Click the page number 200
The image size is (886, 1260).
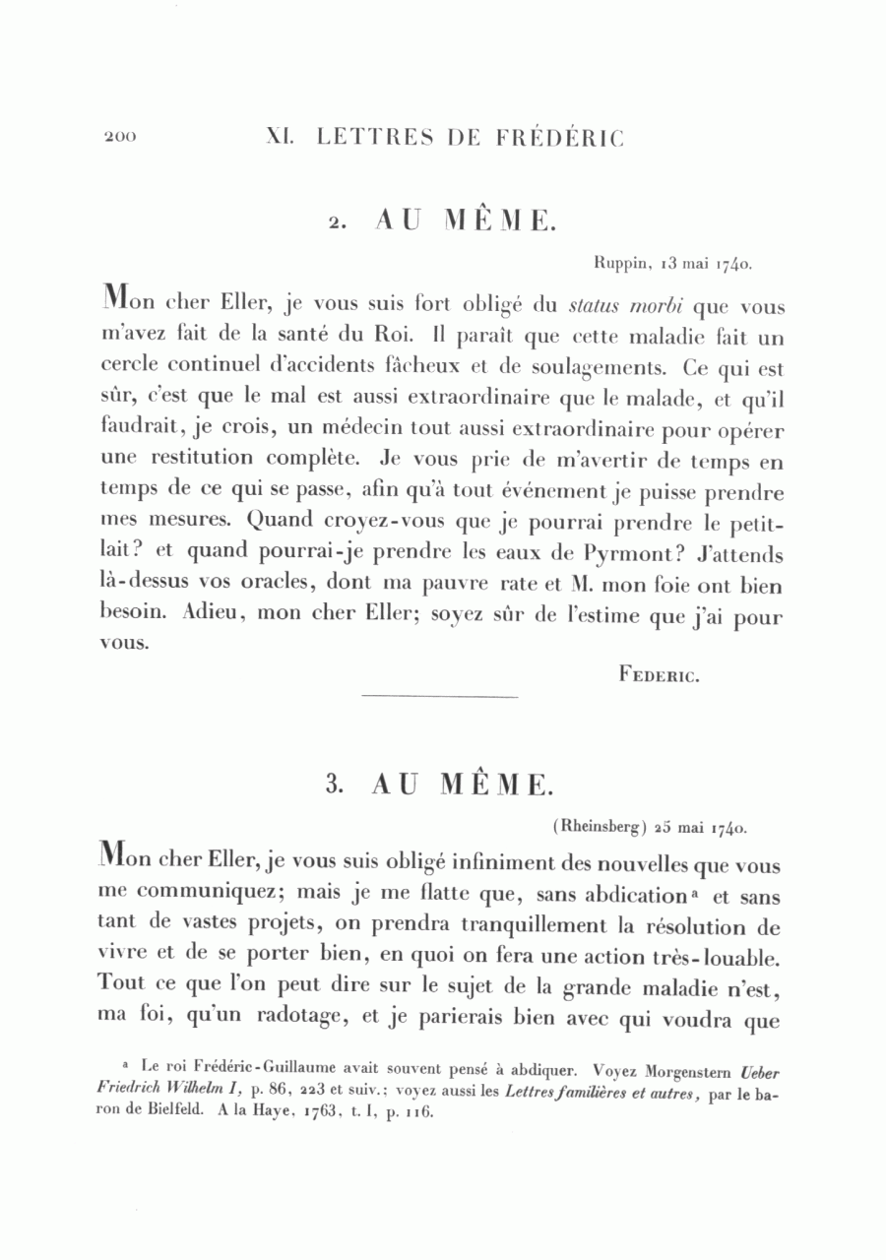pyautogui.click(x=120, y=137)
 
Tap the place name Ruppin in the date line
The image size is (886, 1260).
pyautogui.click(x=618, y=263)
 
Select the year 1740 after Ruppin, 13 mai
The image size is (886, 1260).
pyautogui.click(x=735, y=263)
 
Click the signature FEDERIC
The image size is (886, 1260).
pyautogui.click(x=660, y=674)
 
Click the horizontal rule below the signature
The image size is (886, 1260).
pyautogui.click(x=440, y=698)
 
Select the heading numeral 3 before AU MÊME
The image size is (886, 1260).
pyautogui.click(x=333, y=784)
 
